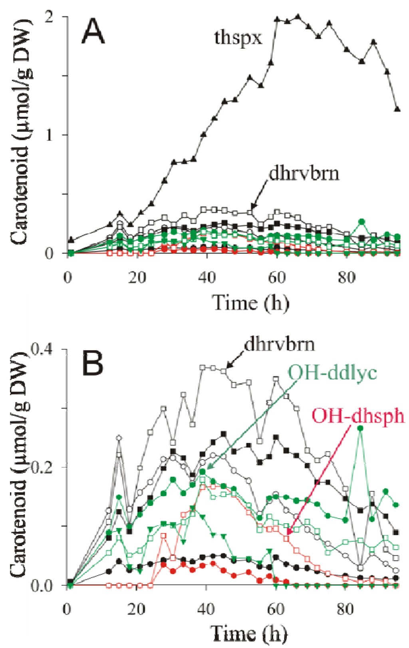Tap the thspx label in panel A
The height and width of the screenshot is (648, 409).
tap(238, 38)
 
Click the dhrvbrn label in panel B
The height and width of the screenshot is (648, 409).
tap(279, 344)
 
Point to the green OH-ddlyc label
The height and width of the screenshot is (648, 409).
tap(333, 373)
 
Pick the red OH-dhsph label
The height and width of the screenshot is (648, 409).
tap(358, 416)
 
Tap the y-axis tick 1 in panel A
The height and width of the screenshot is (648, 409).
tap(50, 135)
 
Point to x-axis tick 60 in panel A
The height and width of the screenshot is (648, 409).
tap(276, 277)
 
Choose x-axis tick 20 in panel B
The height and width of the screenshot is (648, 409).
tap(137, 609)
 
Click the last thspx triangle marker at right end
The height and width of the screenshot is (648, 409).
tap(397, 109)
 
